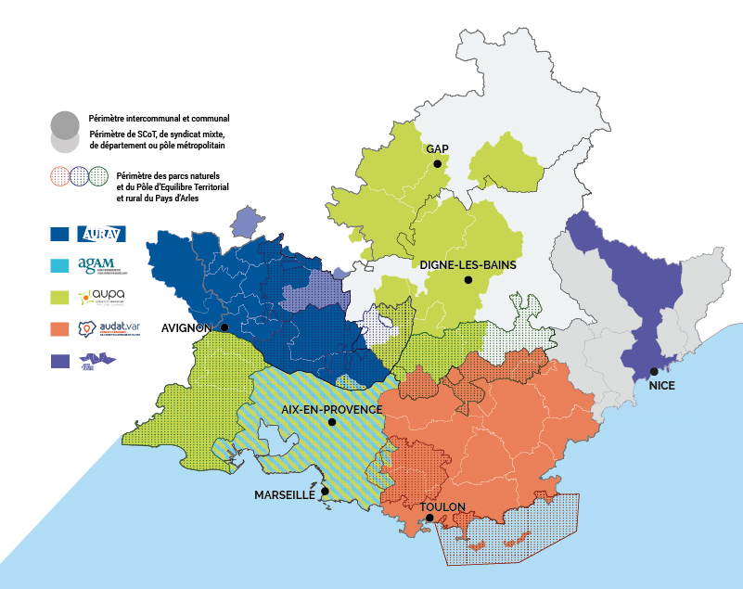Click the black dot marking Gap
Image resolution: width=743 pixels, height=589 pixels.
click(437, 164)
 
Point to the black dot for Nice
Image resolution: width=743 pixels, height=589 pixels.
click(654, 371)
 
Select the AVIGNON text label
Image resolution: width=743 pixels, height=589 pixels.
click(188, 327)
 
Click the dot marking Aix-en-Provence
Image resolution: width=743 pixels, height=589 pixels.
click(331, 422)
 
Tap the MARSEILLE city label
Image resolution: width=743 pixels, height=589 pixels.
click(285, 495)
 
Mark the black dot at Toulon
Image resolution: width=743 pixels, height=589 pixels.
click(429, 519)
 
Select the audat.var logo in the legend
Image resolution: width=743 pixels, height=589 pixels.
click(107, 328)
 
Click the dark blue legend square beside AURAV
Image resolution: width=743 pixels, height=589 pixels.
click(60, 235)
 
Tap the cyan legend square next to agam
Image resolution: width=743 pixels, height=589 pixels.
click(60, 266)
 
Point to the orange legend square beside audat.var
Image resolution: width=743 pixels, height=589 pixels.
click(60, 328)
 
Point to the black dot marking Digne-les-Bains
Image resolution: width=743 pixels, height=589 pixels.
click(469, 279)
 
